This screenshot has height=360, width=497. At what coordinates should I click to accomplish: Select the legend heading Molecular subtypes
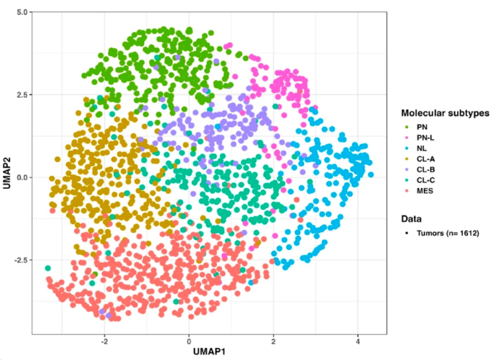point(445,113)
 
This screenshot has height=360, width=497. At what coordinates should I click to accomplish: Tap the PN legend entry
point(421,126)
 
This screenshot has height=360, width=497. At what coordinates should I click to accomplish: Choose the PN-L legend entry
point(425,137)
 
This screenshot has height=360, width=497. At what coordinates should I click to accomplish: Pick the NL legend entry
point(421,148)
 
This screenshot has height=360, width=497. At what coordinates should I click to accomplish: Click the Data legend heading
point(411,219)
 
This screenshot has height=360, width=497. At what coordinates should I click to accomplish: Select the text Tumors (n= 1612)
point(448,233)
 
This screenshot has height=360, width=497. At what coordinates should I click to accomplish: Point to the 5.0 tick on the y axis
point(21,12)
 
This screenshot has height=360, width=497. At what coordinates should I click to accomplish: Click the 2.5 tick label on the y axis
point(21,94)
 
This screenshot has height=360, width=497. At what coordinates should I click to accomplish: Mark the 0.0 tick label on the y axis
point(21,177)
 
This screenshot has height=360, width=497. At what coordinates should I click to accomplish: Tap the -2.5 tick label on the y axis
point(19,260)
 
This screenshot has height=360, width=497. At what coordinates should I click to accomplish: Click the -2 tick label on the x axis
point(104,341)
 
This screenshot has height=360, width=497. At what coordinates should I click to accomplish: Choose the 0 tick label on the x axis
point(189,341)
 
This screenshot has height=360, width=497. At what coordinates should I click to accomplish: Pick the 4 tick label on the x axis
point(358,341)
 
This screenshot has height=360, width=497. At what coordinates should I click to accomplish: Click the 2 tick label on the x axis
point(273,341)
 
